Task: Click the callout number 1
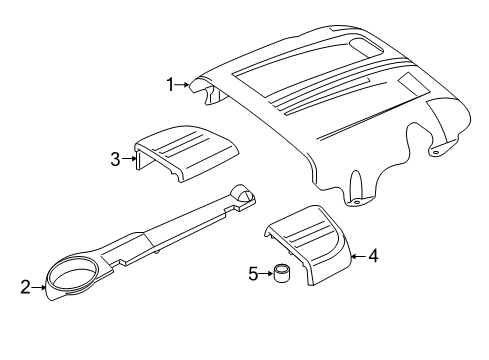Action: coord(170,85)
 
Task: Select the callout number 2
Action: coord(25,287)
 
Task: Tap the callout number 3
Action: coord(115,159)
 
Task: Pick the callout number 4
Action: coord(373,256)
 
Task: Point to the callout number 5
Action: coord(253,274)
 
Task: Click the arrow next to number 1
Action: coord(182,85)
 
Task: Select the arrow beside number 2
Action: coord(39,287)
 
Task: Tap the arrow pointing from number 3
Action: coord(129,159)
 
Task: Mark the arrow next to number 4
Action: coord(359,256)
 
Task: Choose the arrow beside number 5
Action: coord(266,274)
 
